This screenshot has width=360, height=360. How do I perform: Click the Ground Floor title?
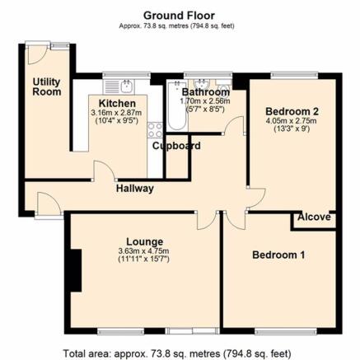(180, 14)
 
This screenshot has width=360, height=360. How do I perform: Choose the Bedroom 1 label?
(278, 256)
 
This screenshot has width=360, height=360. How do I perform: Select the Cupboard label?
(176, 146)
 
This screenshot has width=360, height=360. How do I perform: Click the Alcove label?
(314, 217)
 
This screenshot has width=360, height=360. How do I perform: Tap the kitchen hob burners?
(154, 129)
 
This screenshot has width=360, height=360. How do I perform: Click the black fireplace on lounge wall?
(75, 271)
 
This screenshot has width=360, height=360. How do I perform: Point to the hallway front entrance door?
(47, 207)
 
